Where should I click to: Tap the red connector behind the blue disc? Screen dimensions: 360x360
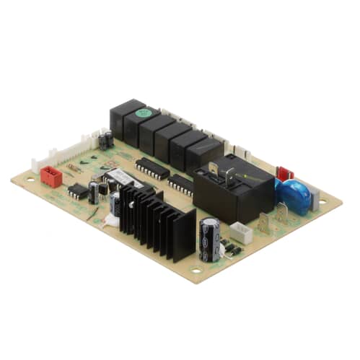pyautogui.click(x=285, y=174)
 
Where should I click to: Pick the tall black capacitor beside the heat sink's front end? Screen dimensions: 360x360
pyautogui.click(x=210, y=239)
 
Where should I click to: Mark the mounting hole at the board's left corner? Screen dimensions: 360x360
pyautogui.click(x=30, y=179)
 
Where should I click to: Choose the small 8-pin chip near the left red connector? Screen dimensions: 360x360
pyautogui.click(x=78, y=191)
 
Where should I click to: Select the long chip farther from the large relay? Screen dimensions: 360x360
pyautogui.click(x=152, y=168)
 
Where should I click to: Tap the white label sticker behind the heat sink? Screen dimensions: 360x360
pyautogui.click(x=119, y=177)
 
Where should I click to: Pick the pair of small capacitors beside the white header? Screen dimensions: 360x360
pyautogui.click(x=106, y=139)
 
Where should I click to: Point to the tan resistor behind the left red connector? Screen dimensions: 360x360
pyautogui.click(x=74, y=167)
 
